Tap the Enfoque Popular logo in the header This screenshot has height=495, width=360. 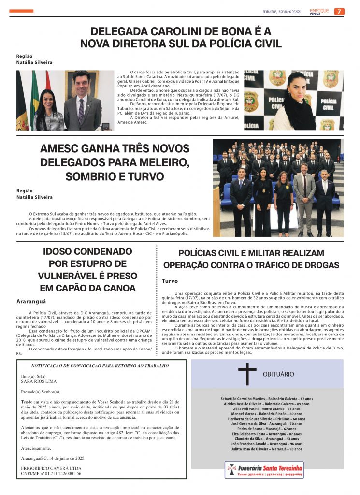pyautogui.click(x=319, y=11)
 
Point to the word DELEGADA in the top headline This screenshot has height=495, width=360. pyautogui.click(x=121, y=32)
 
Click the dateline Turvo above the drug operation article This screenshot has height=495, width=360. pyautogui.click(x=170, y=281)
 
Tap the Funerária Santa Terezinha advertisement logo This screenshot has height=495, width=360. pyautogui.click(x=264, y=470)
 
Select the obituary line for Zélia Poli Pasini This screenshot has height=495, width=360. pyautogui.click(x=267, y=409)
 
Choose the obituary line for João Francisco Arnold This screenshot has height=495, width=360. pyautogui.click(x=267, y=444)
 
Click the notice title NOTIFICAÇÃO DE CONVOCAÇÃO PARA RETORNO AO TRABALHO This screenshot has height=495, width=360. pyautogui.click(x=100, y=366)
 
